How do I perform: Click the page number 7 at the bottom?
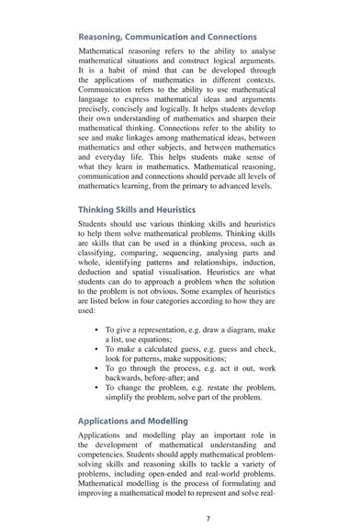pos(208,517)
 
